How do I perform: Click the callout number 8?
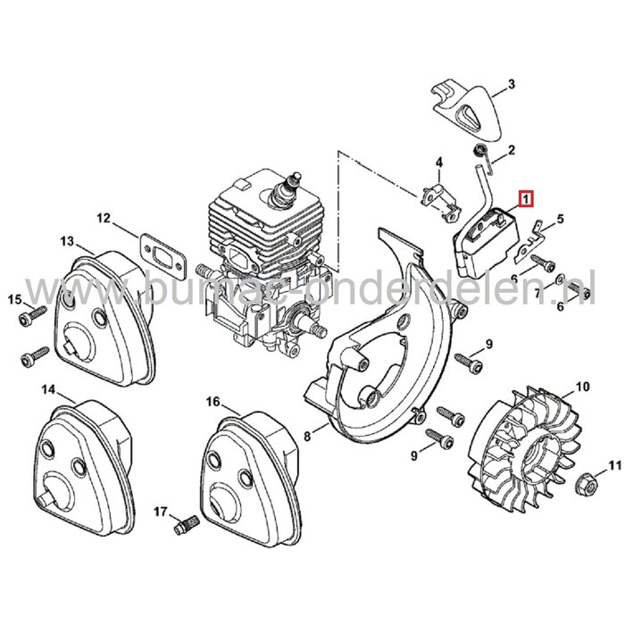pyautogui.click(x=307, y=436)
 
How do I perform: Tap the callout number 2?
pyautogui.click(x=511, y=149)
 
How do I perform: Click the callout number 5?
pyautogui.click(x=560, y=218)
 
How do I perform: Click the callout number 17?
pyautogui.click(x=161, y=511)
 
